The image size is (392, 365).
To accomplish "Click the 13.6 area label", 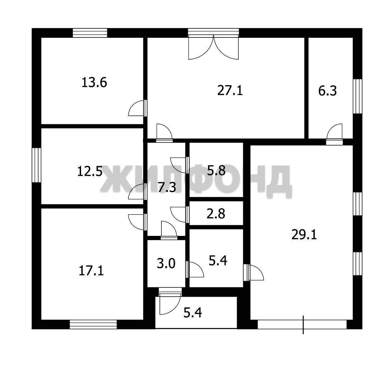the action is (x=94, y=82).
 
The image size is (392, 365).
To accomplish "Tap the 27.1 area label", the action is (x=230, y=90).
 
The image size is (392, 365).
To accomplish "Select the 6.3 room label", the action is (x=327, y=91).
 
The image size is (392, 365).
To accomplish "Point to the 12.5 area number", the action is (x=90, y=171).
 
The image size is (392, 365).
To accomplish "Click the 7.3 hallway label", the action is (x=167, y=187).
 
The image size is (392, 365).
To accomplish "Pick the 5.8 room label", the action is (x=216, y=171).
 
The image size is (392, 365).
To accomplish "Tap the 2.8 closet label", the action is (x=216, y=214).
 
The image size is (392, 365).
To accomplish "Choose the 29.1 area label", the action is (x=304, y=235).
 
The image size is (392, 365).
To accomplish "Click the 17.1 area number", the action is (x=91, y=271).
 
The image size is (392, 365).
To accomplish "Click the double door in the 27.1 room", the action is (x=214, y=47).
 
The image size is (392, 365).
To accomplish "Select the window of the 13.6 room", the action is (x=90, y=33).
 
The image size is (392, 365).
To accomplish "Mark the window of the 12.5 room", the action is (x=36, y=165).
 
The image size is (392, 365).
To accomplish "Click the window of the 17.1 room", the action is (x=93, y=324).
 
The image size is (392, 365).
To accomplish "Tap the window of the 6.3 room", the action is (x=358, y=96).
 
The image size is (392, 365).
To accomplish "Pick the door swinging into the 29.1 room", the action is (x=254, y=273).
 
